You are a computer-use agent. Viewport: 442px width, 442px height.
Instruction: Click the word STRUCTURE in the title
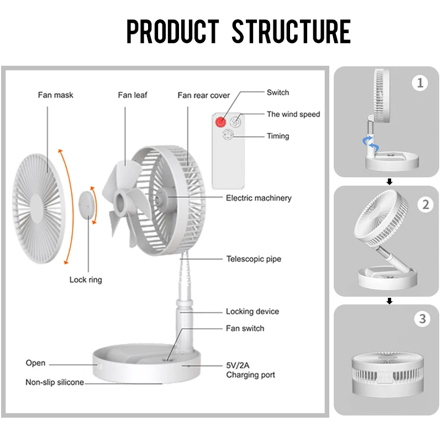[291, 31]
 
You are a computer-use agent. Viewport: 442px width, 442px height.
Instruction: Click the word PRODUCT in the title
[172, 31]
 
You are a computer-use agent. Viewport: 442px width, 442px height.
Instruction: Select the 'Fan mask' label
[55, 95]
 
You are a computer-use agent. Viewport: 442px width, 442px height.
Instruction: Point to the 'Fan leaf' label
[133, 95]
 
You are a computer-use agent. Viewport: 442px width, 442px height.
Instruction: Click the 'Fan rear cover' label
[203, 96]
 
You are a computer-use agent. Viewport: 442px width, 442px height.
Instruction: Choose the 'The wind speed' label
[293, 114]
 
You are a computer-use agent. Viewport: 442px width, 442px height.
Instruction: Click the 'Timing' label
[278, 136]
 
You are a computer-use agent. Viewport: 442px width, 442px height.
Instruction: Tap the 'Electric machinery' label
[259, 198]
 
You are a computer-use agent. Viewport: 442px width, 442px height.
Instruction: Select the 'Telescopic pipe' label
[254, 259]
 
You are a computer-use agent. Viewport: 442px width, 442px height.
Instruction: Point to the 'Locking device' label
[252, 312]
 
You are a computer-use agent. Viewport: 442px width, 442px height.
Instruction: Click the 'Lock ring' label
[86, 280]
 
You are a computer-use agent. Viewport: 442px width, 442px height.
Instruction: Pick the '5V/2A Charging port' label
[250, 370]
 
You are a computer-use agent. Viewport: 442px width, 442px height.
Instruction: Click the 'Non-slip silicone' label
[55, 382]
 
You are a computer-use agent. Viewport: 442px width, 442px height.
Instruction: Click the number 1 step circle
[420, 83]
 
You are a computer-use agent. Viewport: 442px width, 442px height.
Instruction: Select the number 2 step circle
[425, 204]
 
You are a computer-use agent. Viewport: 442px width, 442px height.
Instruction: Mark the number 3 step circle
[422, 319]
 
